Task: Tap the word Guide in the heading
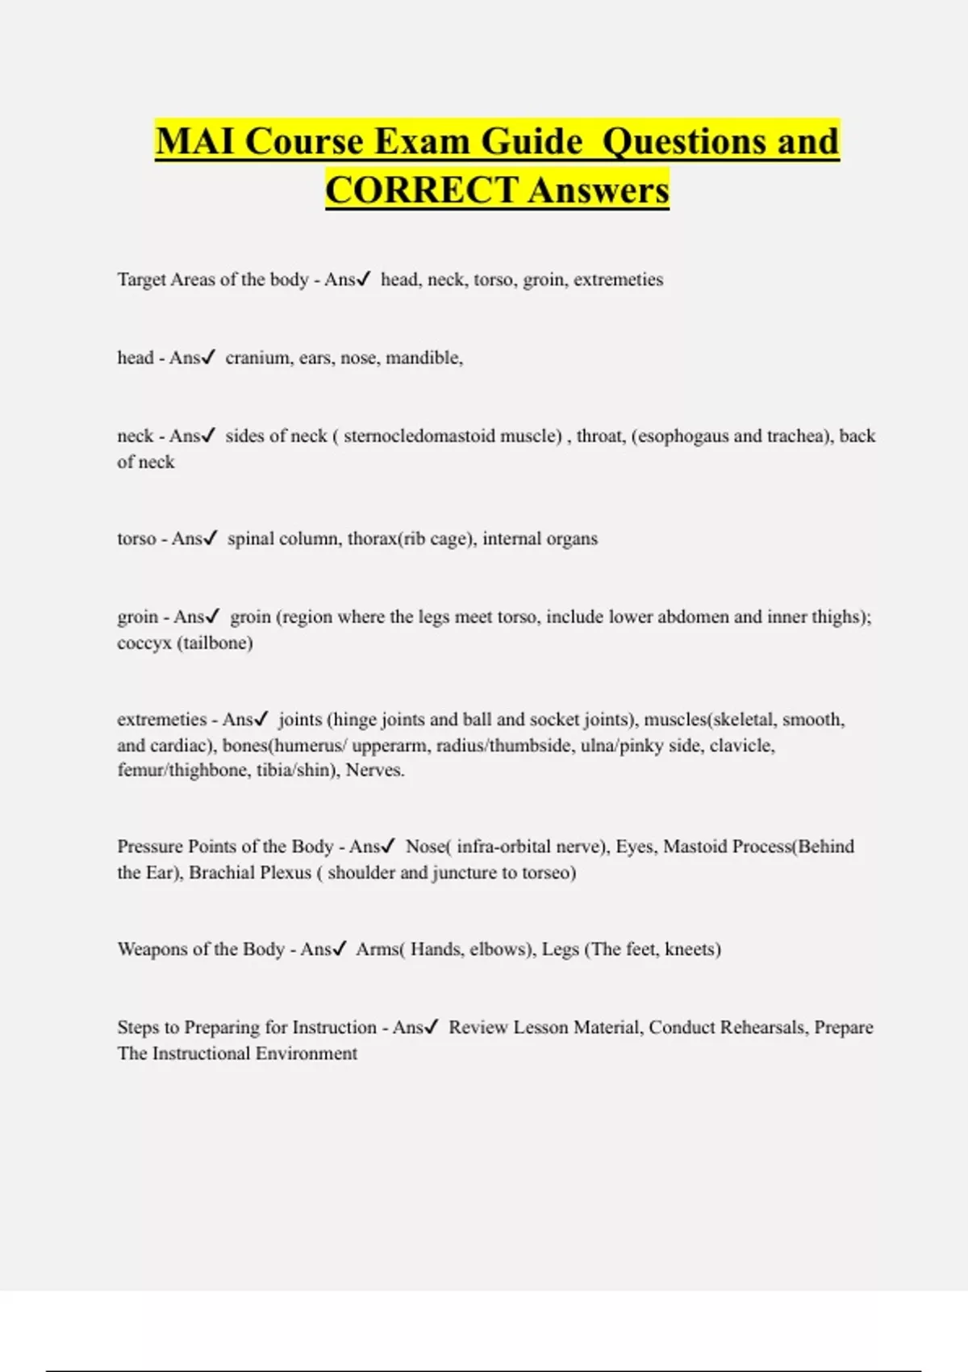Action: tap(532, 141)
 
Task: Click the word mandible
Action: tap(423, 358)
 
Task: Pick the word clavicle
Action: tap(741, 745)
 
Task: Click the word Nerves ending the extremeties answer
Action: tap(374, 770)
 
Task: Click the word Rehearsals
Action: tap(762, 1027)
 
